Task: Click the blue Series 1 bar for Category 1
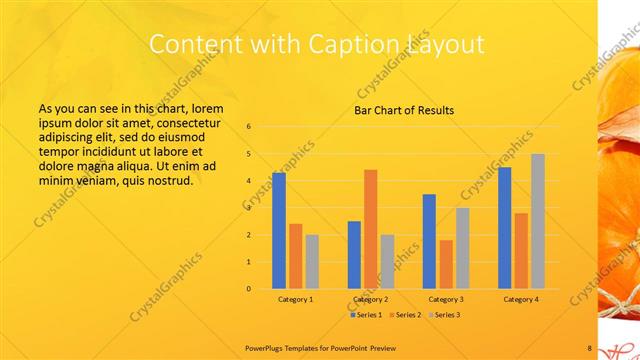point(279,231)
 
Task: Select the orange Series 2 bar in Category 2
point(370,229)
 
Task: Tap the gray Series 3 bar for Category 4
point(537,221)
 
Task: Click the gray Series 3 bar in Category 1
point(312,262)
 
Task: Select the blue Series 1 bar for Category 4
point(504,228)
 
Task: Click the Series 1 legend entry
point(366,315)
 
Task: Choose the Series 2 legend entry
point(405,315)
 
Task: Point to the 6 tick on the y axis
point(248,127)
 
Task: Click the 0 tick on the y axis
point(248,289)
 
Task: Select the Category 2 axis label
point(370,299)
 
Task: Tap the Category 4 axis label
point(520,299)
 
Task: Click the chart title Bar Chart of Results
point(404,110)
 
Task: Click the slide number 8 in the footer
point(590,347)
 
